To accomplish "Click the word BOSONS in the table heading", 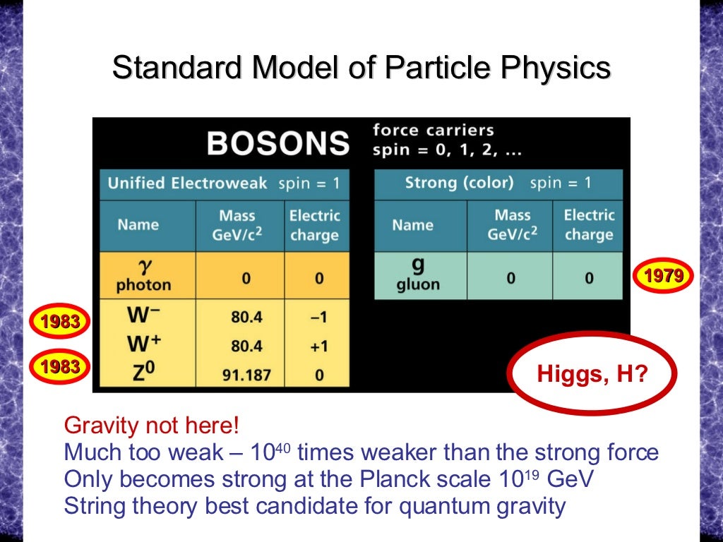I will click(x=277, y=143).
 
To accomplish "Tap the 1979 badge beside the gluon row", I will click(x=664, y=275).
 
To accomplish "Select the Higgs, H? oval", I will click(x=592, y=373).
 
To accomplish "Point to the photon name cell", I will click(x=143, y=276).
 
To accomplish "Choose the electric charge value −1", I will click(x=319, y=318).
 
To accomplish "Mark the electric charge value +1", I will click(x=319, y=347).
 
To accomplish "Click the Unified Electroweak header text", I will click(x=187, y=183).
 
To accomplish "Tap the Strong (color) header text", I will click(x=459, y=183).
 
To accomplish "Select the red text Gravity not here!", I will click(x=152, y=426).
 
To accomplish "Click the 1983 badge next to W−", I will click(x=60, y=323).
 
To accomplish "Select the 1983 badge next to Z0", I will click(x=60, y=366).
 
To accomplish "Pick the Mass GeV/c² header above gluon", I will click(x=512, y=225).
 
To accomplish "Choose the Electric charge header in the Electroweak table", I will click(x=314, y=225).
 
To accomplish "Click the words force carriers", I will click(x=433, y=131).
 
